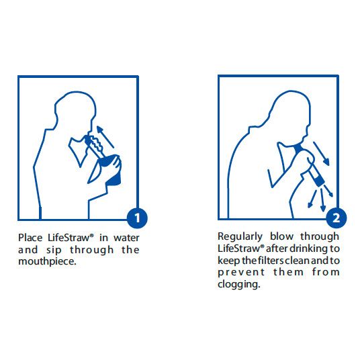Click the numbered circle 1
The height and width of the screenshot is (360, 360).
point(137,218)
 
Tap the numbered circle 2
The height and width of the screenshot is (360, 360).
point(336,218)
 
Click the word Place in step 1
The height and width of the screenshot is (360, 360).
point(30,238)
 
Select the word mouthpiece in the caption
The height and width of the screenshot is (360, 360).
point(47,261)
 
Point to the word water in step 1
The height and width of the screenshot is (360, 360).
point(126,238)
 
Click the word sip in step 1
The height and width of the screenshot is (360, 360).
point(54,250)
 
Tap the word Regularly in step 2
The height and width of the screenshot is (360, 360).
point(240,236)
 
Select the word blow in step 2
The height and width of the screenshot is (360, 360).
point(281,236)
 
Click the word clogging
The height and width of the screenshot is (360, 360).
point(239,284)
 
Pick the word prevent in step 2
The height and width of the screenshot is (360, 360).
point(241,273)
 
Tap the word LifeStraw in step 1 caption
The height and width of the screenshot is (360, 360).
point(70,238)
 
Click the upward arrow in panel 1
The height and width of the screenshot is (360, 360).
point(105,137)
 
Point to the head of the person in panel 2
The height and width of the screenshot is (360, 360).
point(289,113)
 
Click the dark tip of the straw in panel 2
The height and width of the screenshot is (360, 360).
point(319,181)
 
